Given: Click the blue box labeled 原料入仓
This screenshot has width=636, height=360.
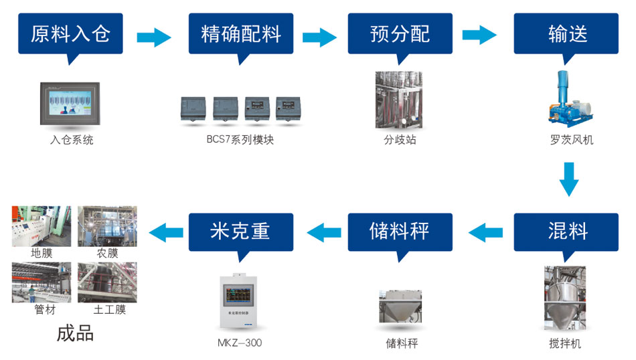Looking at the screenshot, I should point(70,33).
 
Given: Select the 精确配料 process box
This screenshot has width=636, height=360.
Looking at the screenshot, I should point(241,33).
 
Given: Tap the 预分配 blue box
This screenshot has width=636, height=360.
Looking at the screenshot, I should point(400,33).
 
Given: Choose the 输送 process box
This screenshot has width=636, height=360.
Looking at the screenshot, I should point(566,33).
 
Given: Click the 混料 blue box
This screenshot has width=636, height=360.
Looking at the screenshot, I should point(566,232).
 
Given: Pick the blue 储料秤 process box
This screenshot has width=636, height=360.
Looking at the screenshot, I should point(400,232).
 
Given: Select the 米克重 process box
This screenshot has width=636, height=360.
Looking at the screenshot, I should point(241,232).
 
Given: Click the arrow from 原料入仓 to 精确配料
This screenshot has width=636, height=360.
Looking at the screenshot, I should point(154,37).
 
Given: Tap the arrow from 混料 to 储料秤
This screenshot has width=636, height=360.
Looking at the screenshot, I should point(485,232).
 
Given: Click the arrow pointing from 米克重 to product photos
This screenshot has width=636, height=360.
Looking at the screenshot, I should point(165,232).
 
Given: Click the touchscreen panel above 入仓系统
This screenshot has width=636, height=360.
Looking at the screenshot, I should point(70,103).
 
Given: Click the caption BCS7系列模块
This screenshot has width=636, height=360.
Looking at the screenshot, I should point(240,141).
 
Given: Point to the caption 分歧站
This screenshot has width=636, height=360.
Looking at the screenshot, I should point(400,141).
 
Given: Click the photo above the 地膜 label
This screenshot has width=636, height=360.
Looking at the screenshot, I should point(42,226).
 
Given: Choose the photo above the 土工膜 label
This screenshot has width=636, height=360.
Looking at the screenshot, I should point(107,282).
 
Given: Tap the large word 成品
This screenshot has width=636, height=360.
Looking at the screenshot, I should point(75,333).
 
